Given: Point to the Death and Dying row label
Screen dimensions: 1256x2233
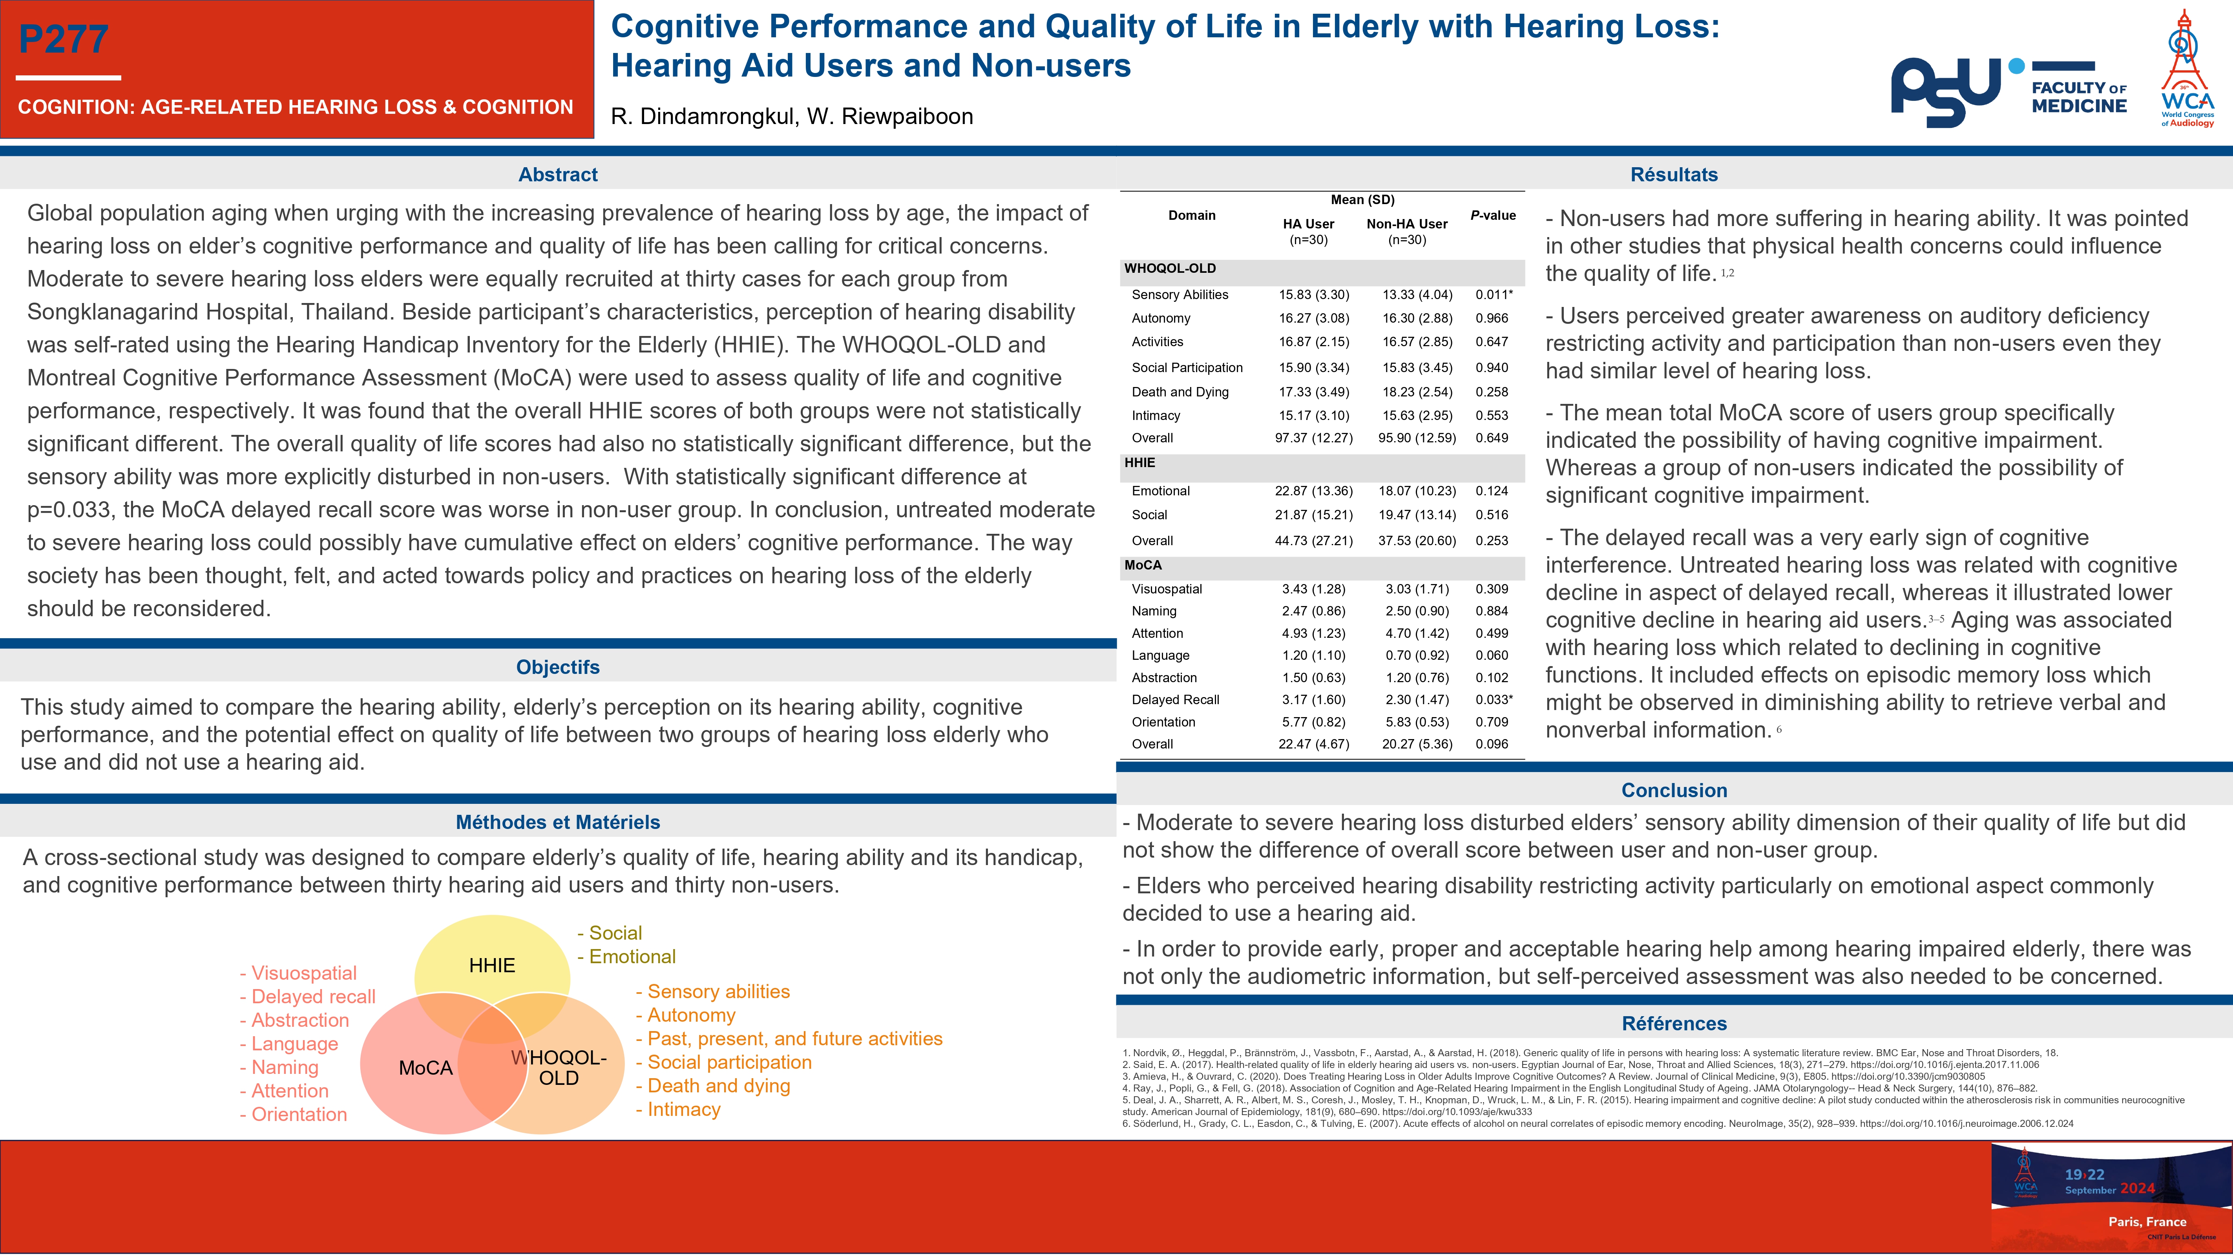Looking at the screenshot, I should pos(1180,392).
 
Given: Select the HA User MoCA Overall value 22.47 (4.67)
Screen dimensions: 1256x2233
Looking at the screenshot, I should pos(1313,744).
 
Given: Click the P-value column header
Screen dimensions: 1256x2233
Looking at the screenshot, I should pos(1493,215).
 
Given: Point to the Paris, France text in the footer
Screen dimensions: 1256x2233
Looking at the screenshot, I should pos(2146,1221).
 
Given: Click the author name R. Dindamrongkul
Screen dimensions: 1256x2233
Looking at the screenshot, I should pos(702,116).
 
